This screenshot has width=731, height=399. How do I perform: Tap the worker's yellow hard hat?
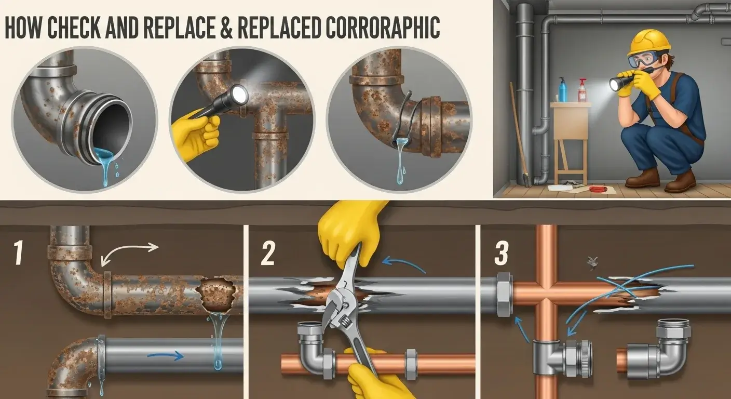click(649, 42)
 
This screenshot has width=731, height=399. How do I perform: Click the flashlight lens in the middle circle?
click(240, 94)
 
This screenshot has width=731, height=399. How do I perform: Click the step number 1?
click(19, 253)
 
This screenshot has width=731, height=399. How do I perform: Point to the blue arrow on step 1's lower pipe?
click(165, 356)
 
